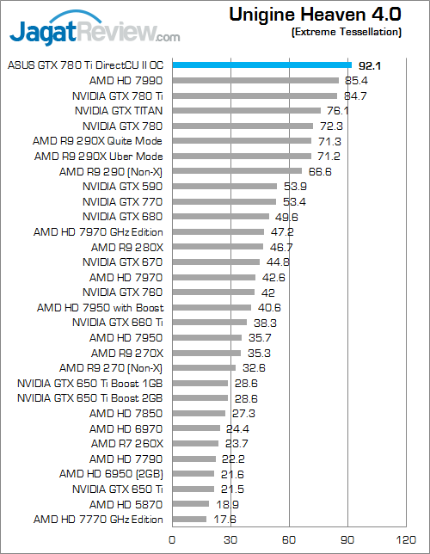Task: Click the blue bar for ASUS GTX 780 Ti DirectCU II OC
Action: pyautogui.click(x=261, y=65)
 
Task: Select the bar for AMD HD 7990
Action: pyautogui.click(x=255, y=80)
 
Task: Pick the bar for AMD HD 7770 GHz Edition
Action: pyautogui.click(x=189, y=519)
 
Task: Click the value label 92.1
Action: pyautogui.click(x=371, y=65)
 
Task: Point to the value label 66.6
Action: pyautogui.click(x=320, y=171)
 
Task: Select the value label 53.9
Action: pyautogui.click(x=295, y=186)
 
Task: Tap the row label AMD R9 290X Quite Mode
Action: pyautogui.click(x=98, y=140)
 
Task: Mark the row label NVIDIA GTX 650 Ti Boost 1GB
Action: pyautogui.click(x=90, y=383)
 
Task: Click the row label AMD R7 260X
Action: pyautogui.click(x=126, y=443)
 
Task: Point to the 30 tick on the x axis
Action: pyautogui.click(x=230, y=539)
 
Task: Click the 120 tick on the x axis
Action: pyautogui.click(x=404, y=539)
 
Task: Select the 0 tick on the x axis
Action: pyautogui.click(x=172, y=539)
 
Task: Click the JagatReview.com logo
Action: pyautogui.click(x=95, y=33)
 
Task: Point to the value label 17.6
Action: pyautogui.click(x=224, y=519)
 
